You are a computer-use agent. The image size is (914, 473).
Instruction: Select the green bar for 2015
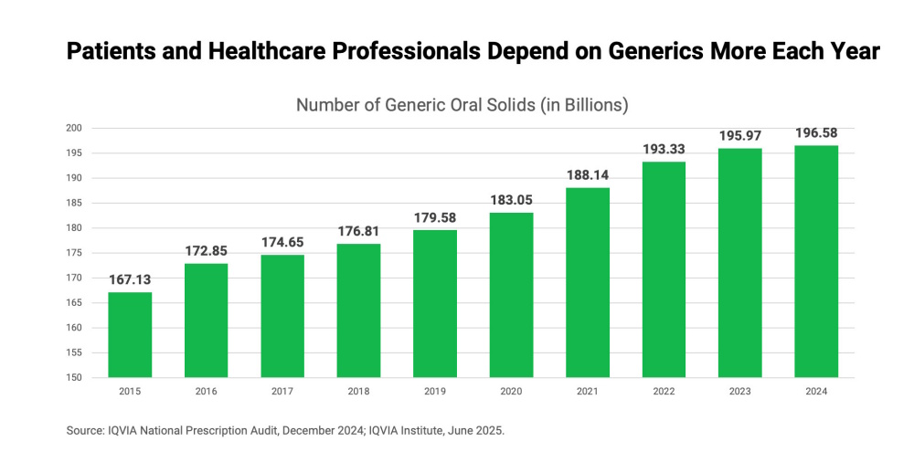click(130, 334)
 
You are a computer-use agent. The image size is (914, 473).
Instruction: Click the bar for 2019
click(435, 303)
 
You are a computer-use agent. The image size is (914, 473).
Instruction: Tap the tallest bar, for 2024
click(816, 261)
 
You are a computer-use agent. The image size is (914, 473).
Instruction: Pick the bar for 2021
click(588, 282)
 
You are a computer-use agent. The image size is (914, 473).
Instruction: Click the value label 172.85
click(206, 249)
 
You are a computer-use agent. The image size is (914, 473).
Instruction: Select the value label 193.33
click(664, 148)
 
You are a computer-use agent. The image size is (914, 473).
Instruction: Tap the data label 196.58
click(816, 132)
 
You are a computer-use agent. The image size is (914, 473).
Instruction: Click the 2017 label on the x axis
click(282, 391)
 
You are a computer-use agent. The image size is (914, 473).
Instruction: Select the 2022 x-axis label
click(664, 391)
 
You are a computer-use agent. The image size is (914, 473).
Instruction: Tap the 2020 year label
click(511, 391)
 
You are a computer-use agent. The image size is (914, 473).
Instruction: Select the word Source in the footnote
click(84, 430)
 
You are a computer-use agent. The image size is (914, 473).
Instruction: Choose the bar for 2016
click(206, 320)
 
